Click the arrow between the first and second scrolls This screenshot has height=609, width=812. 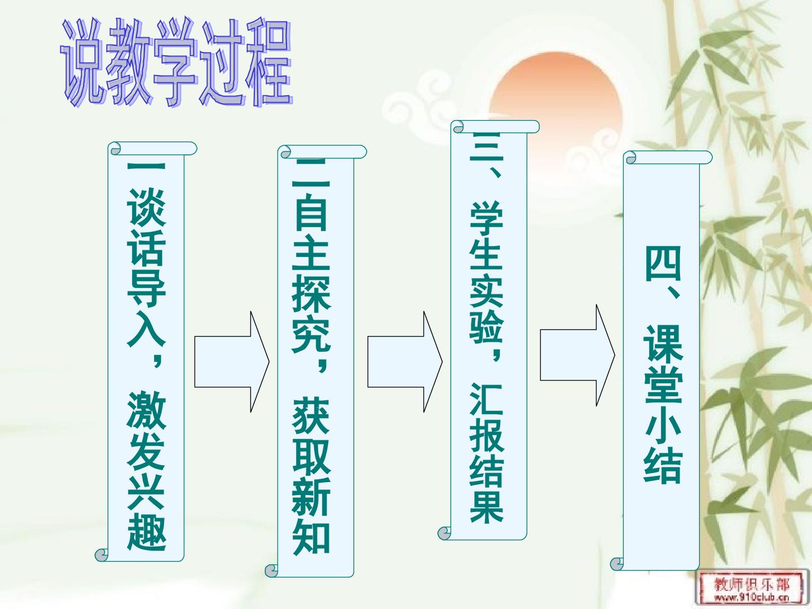coord(232,361)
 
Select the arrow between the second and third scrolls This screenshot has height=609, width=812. coord(405,361)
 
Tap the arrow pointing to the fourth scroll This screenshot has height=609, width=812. coord(577,355)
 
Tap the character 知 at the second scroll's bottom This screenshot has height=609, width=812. coord(311,536)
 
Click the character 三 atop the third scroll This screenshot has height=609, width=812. coord(487,145)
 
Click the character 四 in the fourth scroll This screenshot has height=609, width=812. coord(663,263)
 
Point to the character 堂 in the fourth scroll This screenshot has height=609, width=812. coord(663,385)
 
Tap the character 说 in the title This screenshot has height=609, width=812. coord(81,62)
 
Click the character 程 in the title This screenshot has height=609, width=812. coord(270,61)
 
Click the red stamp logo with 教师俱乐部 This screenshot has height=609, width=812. coord(751,588)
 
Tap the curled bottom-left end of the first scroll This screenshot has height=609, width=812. coord(101,555)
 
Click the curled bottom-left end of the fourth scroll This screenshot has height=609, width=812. coord(617,564)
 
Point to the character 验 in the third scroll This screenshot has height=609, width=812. coord(487,326)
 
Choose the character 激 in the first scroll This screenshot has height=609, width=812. coord(147,410)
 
